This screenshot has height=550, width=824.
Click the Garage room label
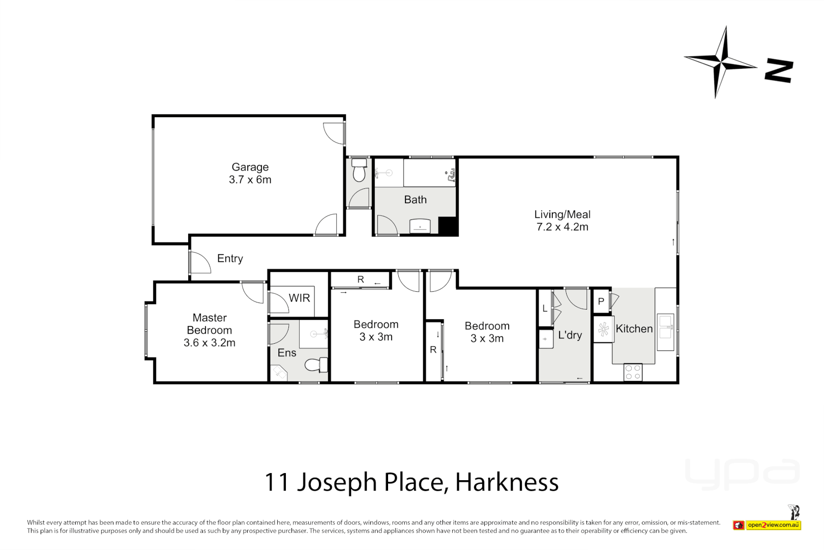[x=250, y=167]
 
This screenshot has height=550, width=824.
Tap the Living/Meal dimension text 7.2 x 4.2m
[x=562, y=227]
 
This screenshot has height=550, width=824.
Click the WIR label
[x=299, y=298]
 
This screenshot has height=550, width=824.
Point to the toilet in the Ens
[x=316, y=365]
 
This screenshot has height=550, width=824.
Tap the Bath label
[x=415, y=200]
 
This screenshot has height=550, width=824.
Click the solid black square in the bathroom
[x=448, y=226]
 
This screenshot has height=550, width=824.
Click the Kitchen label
[x=634, y=329]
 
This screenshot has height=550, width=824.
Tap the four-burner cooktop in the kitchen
[x=633, y=372]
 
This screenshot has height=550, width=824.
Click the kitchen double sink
[x=665, y=327]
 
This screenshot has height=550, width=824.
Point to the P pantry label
[x=601, y=301]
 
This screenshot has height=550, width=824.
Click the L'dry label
[x=570, y=335]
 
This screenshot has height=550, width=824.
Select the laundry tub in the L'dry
[x=546, y=339]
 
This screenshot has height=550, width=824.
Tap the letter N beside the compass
[x=779, y=71]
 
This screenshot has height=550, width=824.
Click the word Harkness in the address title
[x=507, y=482]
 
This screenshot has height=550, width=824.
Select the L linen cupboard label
[x=544, y=308]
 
